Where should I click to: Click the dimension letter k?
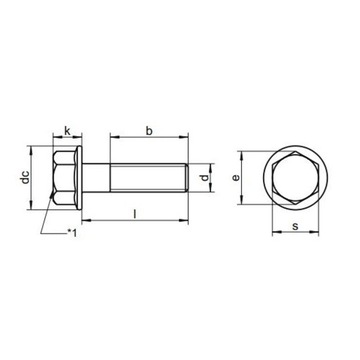tap(67, 131)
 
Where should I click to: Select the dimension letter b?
tap(150, 129)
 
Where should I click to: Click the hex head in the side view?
tap(62, 180)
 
